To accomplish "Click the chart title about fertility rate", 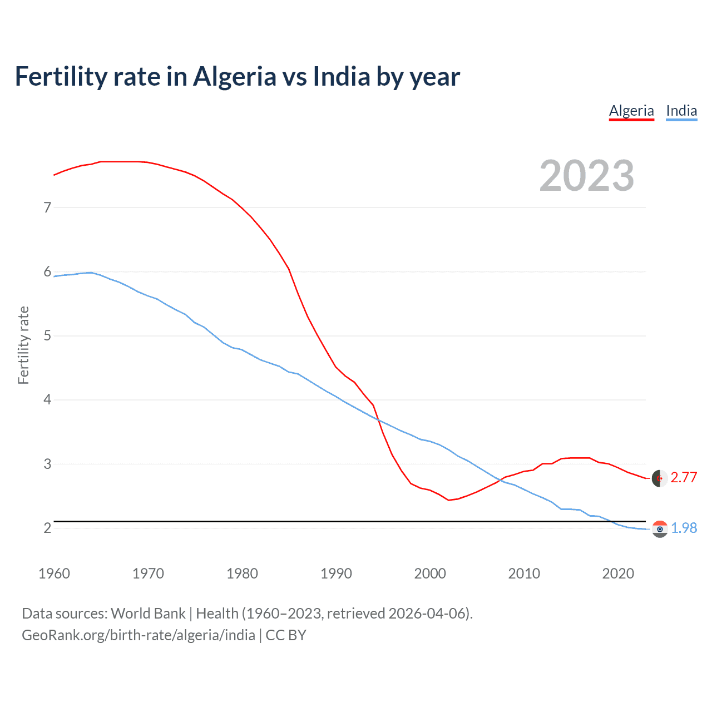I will [x=237, y=77].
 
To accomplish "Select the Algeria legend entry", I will [x=631, y=111].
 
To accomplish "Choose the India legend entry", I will [x=681, y=111].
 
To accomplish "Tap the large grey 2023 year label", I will [x=586, y=176].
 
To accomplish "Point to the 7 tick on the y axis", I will [x=47, y=207].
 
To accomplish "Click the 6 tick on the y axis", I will [x=47, y=271].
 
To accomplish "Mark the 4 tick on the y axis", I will [x=47, y=399].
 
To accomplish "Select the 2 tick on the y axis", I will [x=47, y=528].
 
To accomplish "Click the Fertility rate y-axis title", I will [x=23, y=345].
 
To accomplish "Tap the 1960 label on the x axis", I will [x=54, y=573].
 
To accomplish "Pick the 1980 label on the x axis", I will [x=242, y=573].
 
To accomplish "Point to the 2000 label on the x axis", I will [x=430, y=573].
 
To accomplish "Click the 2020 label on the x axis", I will [x=618, y=573].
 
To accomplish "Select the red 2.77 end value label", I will [x=684, y=478].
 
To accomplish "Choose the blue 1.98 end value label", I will [x=684, y=528].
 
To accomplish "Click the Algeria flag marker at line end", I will [x=660, y=478].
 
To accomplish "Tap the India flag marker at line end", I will [x=660, y=529].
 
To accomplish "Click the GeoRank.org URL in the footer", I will [x=139, y=635].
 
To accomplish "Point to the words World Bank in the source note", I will [x=148, y=614].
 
